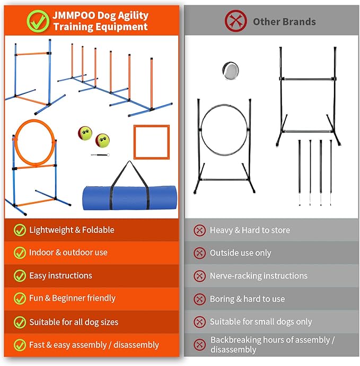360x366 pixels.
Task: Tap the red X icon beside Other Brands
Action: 235,22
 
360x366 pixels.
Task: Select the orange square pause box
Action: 151,142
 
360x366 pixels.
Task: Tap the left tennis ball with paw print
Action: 85,133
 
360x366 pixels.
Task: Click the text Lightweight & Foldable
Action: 72,230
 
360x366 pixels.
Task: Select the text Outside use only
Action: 240,253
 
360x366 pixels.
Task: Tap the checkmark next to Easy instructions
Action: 20,276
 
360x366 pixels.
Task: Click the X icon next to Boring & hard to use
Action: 199,299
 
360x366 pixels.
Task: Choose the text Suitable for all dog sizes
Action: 74,322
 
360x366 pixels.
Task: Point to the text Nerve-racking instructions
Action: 258,276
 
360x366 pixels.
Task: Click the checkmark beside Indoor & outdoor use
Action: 20,253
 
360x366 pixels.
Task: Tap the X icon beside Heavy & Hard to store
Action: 199,230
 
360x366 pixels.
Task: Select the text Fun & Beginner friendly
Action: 72,299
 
